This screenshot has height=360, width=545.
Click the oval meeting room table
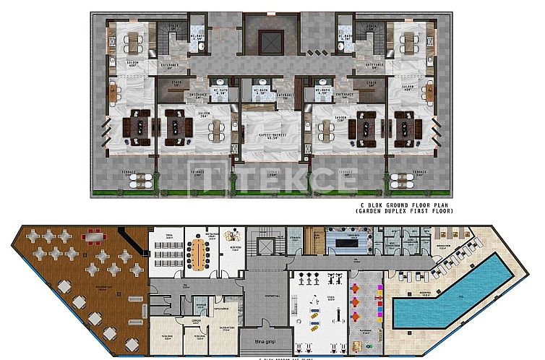click(x=198, y=252)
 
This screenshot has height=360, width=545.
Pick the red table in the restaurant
click(x=94, y=236)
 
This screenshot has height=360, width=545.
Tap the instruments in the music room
click(x=231, y=237)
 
